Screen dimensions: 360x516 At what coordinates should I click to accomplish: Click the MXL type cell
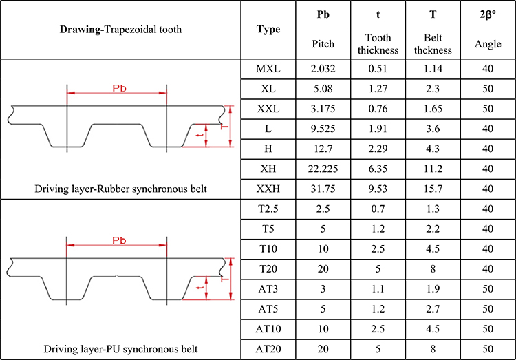tap(268, 69)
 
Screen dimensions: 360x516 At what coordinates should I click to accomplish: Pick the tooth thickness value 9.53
tap(378, 187)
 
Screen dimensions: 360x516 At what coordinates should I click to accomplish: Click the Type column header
tap(268, 30)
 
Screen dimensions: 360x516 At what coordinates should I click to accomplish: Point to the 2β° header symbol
tap(488, 14)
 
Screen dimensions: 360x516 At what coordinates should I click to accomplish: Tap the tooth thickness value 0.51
tap(378, 69)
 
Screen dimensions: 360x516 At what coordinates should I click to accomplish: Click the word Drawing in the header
tap(81, 30)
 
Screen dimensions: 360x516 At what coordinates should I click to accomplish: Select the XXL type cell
tap(268, 108)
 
